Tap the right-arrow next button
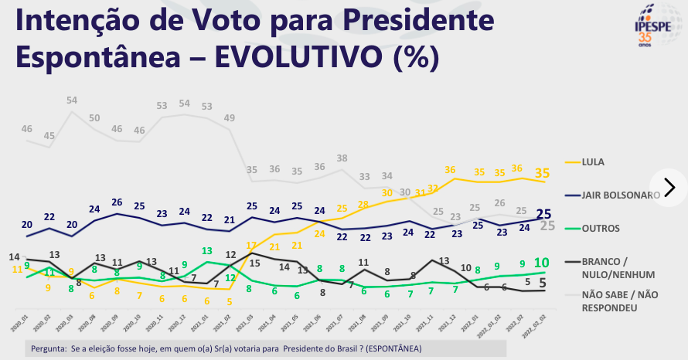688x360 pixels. point(669,187)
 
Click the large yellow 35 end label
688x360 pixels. point(543,174)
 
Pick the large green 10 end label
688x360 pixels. point(541,263)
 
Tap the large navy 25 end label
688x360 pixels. point(543,213)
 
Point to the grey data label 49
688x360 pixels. point(230,118)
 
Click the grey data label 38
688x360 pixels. point(342,158)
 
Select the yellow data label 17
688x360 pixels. point(251,246)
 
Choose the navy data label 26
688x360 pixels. point(118,202)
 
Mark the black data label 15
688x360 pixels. point(255,262)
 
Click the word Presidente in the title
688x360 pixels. point(406,21)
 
